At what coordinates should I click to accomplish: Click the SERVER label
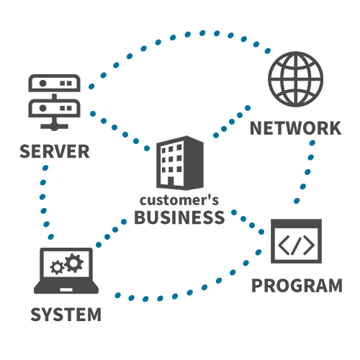[55, 151]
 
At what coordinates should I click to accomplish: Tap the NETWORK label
[295, 128]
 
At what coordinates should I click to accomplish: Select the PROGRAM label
[297, 286]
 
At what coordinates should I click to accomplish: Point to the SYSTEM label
[66, 315]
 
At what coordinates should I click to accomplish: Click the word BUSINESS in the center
[179, 217]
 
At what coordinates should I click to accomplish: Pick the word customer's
[179, 200]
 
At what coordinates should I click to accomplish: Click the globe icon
[295, 79]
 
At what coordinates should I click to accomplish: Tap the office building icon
[180, 163]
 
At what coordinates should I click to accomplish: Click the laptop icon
[66, 271]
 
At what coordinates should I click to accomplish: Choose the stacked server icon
[54, 102]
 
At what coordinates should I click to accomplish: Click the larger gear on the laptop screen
[73, 263]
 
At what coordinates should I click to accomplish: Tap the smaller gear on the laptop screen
[57, 267]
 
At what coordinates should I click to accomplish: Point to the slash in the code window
[296, 245]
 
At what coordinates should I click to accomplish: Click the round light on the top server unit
[43, 84]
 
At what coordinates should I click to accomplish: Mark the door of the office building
[171, 181]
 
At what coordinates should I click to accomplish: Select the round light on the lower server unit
[43, 108]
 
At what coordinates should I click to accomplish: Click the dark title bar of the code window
[296, 223]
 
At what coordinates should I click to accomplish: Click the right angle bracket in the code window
[309, 245]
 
